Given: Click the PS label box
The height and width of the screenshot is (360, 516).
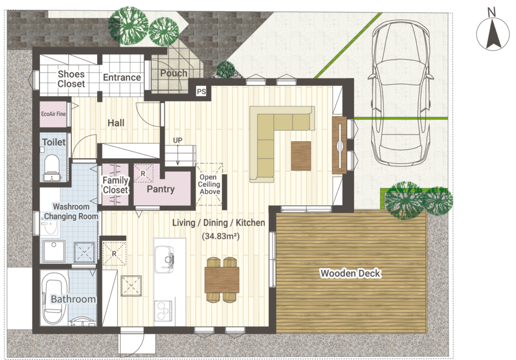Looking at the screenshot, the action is [x=201, y=91].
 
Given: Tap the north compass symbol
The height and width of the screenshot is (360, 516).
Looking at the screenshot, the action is [x=493, y=33].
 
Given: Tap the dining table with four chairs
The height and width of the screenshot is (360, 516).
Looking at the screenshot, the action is [x=222, y=280].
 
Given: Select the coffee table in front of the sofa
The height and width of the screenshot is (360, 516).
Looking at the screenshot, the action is [x=301, y=156].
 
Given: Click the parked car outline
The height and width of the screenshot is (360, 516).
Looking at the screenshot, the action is [x=400, y=93].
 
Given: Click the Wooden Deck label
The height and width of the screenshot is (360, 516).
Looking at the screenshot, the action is [x=350, y=273].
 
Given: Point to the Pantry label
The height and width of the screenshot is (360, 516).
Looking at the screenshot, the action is [x=160, y=189].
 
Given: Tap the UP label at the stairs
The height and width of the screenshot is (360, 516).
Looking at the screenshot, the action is [x=178, y=140].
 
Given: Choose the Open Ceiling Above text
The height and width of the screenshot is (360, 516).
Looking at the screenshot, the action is [x=209, y=184].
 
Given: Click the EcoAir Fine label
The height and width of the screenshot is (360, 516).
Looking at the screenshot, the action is [x=53, y=114].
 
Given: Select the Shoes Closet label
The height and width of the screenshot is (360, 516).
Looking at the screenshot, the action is [x=71, y=79].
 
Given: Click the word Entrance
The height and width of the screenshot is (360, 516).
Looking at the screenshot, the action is [x=122, y=77].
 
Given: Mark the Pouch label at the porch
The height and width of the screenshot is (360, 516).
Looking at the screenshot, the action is [x=174, y=73].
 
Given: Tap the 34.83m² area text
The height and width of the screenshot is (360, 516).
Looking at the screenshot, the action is [x=220, y=236].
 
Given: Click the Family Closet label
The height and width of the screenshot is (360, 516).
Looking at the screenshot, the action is [x=115, y=185].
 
